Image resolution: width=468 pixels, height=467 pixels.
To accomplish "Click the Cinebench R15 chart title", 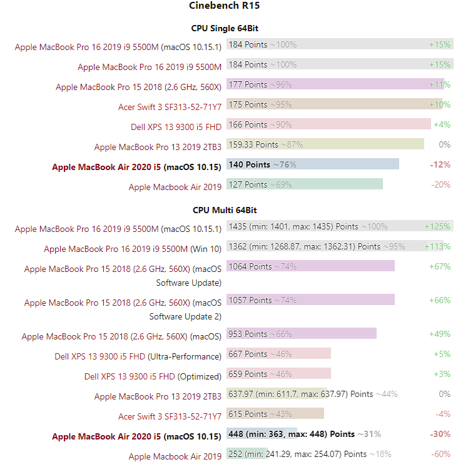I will coord(224,6).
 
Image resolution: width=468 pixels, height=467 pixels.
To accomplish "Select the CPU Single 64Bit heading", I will coord(225,28).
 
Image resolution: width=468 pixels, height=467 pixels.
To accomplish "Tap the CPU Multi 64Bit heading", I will coord(225,211).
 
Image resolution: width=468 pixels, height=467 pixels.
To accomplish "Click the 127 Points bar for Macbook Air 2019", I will coord(305,184).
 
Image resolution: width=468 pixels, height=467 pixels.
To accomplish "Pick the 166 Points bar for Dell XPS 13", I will coord(328,124).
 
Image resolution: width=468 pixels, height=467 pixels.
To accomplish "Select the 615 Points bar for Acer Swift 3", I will coord(275,414).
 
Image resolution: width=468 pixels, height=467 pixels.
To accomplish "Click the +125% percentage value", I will coord(437,226).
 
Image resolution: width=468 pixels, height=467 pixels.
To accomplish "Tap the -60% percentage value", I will coord(440,454).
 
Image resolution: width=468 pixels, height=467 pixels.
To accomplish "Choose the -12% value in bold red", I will coord(440,164).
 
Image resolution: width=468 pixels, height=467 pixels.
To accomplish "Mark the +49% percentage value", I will coord(439,334).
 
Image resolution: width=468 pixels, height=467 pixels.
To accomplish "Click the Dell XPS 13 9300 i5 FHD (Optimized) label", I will coord(153,376).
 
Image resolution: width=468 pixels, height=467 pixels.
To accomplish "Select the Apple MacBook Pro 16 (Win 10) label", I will coord(133,249).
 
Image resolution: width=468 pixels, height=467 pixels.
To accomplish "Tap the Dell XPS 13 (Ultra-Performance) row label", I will coord(138,356).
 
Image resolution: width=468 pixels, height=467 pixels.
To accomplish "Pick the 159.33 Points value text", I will coord(253,144).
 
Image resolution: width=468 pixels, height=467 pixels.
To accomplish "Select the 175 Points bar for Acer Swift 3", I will coord(335,104).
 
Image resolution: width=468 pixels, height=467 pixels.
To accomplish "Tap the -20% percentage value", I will coord(440,184).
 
